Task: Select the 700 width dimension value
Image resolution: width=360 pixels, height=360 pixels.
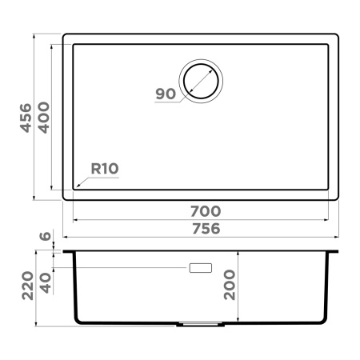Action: point(205,211)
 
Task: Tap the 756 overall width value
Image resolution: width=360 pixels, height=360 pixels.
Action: point(205,229)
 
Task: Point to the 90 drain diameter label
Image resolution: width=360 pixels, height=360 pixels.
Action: point(165,94)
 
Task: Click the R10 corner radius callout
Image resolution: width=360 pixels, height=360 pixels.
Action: point(105,169)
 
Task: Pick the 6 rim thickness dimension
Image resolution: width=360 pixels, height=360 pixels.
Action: point(45,237)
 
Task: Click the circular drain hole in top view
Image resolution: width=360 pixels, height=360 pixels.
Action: point(200,80)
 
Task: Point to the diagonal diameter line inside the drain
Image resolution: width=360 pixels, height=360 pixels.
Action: point(200,81)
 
